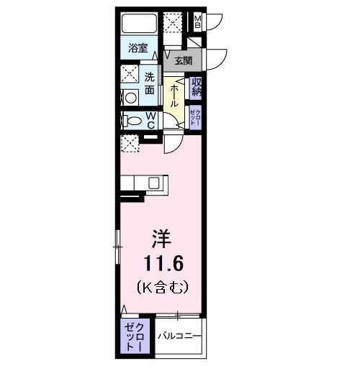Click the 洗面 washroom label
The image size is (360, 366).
tap(150, 83)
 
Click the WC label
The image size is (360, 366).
tap(152, 121)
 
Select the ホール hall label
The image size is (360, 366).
tap(174, 94)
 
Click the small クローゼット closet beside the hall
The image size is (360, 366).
tap(195, 116)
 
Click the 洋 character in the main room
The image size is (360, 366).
tap(162, 237)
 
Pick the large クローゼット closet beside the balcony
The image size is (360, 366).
tap(135, 337)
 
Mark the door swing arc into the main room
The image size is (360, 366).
tap(174, 144)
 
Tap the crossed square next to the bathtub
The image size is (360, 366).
tap(173, 23)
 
